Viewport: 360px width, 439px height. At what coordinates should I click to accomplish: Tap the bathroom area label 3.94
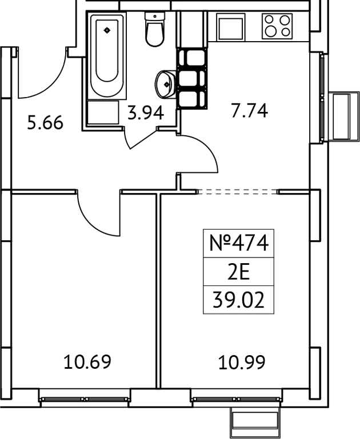[145, 112]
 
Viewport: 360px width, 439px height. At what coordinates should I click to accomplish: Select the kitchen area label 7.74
[249, 110]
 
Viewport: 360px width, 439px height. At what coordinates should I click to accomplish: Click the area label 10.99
[242, 361]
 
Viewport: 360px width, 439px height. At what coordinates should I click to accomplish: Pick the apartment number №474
[238, 244]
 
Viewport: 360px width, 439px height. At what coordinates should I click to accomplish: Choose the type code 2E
[238, 272]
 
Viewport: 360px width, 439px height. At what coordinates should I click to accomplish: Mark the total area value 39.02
[238, 300]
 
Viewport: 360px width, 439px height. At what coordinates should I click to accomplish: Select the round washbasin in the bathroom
[165, 85]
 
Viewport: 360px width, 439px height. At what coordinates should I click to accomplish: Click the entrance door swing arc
[43, 80]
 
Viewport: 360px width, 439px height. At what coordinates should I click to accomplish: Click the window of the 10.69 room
[85, 395]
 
